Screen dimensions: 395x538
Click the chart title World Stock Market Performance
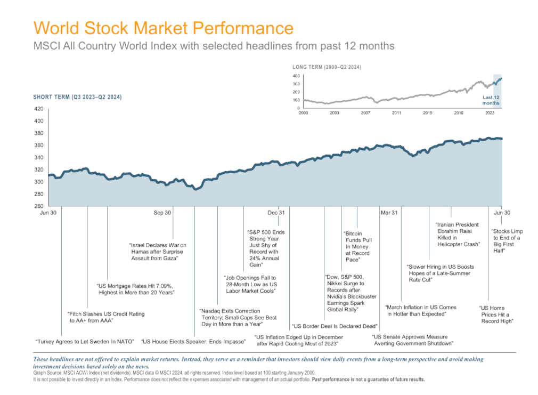point(163,28)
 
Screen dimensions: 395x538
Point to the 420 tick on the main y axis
point(38,109)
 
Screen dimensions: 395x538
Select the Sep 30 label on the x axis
point(162,213)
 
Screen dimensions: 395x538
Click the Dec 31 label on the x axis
point(276,213)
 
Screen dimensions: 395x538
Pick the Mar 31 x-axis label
point(389,213)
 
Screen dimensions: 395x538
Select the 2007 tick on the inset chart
point(365,114)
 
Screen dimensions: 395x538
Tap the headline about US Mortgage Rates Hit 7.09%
point(137,289)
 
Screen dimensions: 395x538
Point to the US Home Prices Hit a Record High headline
point(496,315)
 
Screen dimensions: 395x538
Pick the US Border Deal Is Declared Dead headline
point(335,326)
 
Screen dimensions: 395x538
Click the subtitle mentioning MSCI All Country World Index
point(214,46)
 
